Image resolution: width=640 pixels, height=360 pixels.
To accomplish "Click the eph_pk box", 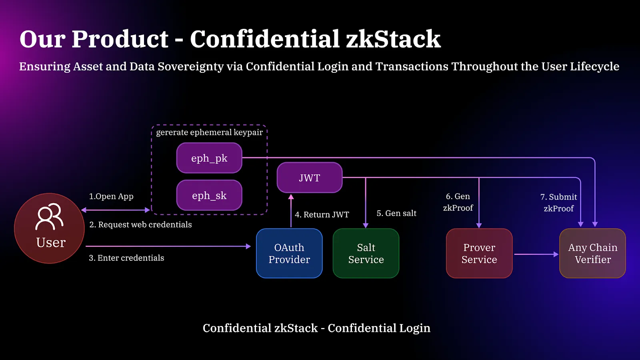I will point(209,158).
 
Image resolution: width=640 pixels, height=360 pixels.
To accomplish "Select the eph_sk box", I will point(209,195).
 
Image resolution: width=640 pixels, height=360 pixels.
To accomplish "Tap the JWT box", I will point(310,178).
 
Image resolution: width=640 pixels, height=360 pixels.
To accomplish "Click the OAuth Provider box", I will point(289,253).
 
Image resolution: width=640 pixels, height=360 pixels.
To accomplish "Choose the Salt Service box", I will point(366,253).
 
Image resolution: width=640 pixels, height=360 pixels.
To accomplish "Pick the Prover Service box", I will point(479,253).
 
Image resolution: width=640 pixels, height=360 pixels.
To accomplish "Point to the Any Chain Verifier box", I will point(592,253).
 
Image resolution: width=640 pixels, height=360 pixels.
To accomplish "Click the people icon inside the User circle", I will point(49,216).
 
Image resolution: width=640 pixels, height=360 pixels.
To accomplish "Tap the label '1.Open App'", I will point(111,196).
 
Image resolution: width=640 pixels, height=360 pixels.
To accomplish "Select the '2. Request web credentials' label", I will point(140,225).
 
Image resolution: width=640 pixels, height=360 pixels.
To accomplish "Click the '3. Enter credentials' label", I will point(126,258).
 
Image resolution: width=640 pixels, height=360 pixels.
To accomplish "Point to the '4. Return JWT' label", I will point(322,215).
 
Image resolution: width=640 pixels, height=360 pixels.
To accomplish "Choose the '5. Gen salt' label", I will point(396,214).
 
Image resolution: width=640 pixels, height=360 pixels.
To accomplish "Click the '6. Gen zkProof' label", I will point(458,202).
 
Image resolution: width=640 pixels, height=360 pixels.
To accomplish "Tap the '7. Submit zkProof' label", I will point(559,202).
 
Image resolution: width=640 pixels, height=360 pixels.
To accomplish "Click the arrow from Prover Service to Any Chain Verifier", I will point(536,254).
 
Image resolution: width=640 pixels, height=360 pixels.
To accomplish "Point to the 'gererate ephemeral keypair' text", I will point(209,132).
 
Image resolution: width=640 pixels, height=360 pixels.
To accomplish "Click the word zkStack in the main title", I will point(393,39).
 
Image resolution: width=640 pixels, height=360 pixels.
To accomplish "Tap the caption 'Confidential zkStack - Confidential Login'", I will point(316,328).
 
